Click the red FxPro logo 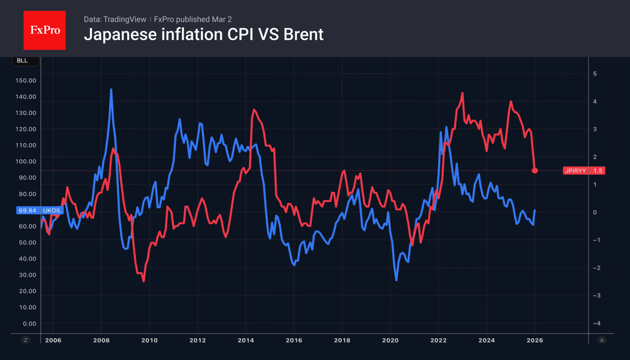click(44, 30)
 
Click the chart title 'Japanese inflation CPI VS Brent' click(203, 35)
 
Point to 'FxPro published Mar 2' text click(193, 19)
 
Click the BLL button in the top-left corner click(22, 61)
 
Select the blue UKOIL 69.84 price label click(40, 211)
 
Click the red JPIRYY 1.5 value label click(584, 170)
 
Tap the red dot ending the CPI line click(535, 170)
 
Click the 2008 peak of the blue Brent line click(111, 90)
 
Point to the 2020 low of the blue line click(396, 280)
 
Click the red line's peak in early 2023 click(463, 93)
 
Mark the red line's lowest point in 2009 click(144, 281)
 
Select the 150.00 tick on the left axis click(26, 80)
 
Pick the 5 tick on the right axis click(594, 74)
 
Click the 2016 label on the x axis click(294, 340)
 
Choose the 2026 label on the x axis click(535, 340)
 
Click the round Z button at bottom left click(26, 340)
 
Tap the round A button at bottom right click(602, 340)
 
